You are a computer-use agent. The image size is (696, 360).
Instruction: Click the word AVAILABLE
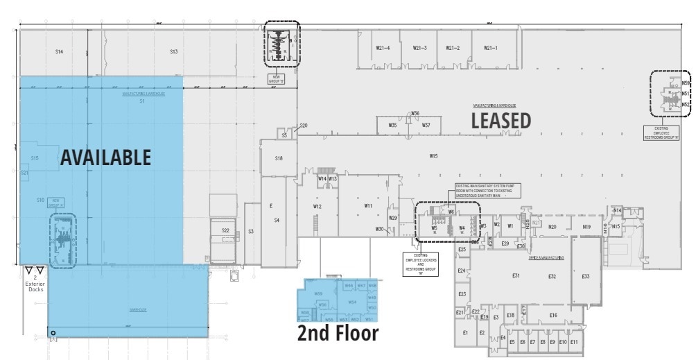point(105,157)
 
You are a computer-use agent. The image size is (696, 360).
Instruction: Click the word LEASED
point(501,121)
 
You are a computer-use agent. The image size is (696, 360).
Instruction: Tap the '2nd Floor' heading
point(338,334)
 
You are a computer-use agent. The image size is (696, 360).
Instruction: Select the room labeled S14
point(59,52)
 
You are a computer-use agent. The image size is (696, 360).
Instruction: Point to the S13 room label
point(173,52)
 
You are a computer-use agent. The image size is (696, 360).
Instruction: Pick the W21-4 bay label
point(383,48)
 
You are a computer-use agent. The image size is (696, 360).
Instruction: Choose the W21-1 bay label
point(490,48)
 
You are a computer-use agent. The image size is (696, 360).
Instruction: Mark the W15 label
point(433,156)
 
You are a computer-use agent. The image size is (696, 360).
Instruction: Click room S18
point(279,158)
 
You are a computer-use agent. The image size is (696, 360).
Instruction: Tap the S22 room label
point(225,230)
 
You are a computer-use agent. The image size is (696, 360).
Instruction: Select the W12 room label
point(317,206)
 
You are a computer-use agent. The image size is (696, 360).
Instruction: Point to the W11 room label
point(368,206)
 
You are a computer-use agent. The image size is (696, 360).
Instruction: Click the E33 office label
point(586,276)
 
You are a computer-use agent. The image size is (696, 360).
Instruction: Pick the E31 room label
point(516,276)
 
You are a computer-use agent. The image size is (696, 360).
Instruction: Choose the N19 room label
point(586,227)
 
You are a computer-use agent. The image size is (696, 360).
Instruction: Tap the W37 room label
point(426,125)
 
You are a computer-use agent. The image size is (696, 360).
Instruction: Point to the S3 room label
point(250,231)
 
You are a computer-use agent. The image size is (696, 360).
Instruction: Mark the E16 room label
point(553,315)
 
